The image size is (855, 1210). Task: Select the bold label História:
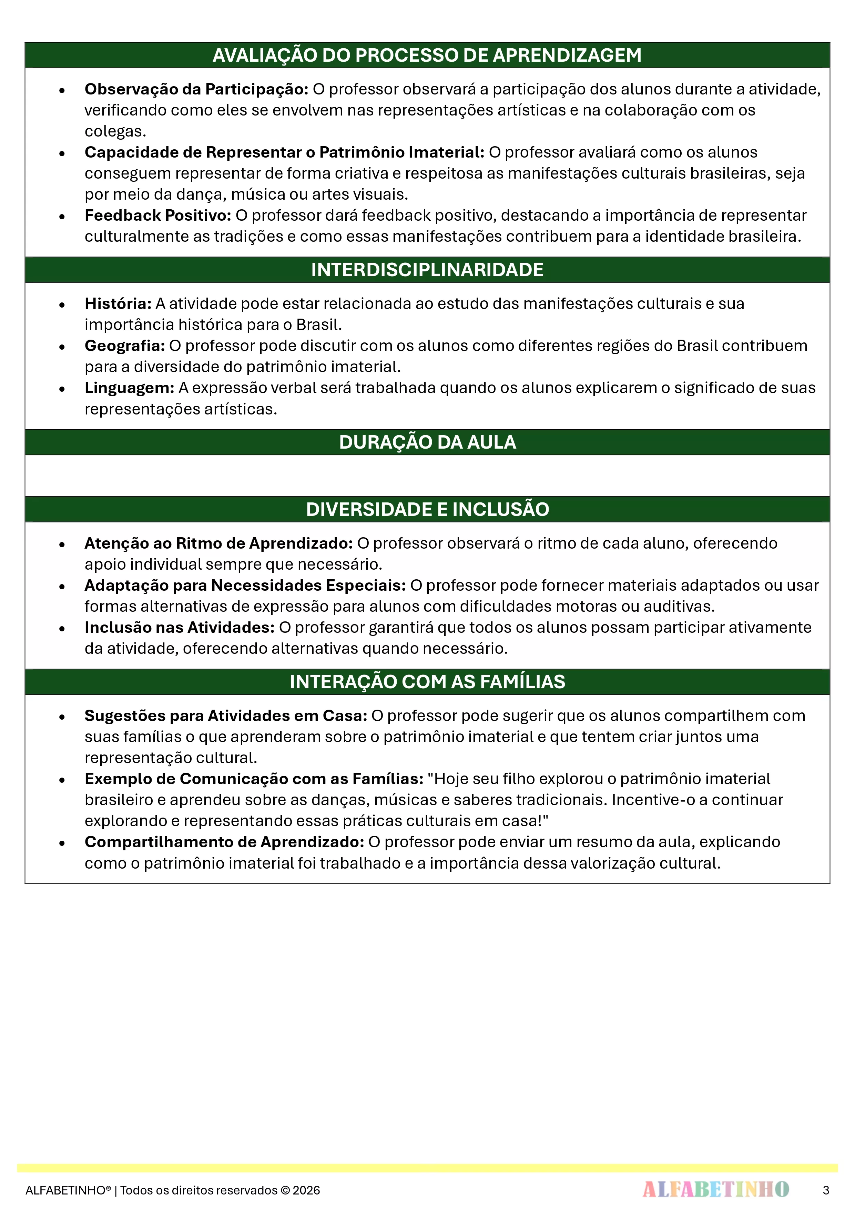(118, 303)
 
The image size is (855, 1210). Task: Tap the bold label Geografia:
(125, 346)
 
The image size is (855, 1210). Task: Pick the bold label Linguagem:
(130, 388)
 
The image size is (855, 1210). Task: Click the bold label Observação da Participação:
(196, 89)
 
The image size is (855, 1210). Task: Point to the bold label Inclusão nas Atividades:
(180, 627)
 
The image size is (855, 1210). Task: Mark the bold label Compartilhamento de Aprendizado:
(224, 842)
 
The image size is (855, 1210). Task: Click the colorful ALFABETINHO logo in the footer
(715, 1189)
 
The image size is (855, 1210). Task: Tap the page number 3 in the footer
(825, 1190)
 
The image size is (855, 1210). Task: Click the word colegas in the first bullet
(115, 131)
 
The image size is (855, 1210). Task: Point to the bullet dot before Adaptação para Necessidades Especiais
(62, 586)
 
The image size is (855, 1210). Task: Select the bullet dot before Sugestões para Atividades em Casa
(62, 717)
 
